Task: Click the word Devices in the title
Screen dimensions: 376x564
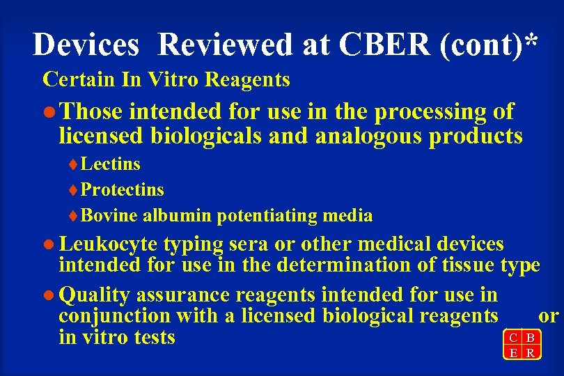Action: pos(86,45)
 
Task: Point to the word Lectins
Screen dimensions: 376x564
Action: pos(111,164)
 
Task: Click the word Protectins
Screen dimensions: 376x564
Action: pos(123,190)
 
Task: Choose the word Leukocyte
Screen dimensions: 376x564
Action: pos(110,244)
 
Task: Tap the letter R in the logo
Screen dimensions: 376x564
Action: pos(531,353)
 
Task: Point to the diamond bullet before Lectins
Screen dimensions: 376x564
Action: pos(75,165)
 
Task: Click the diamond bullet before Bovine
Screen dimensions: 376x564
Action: pos(75,217)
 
